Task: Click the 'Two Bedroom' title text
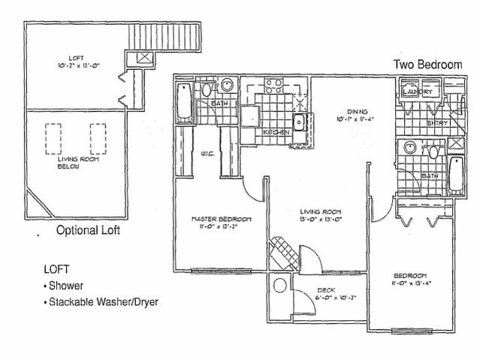pos(427,65)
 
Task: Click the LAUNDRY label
pos(418,92)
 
